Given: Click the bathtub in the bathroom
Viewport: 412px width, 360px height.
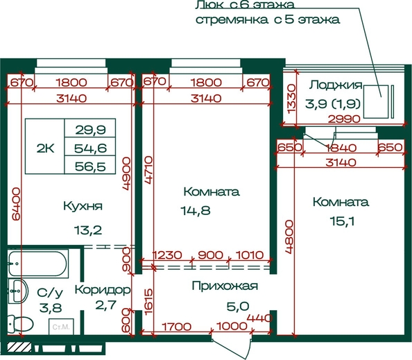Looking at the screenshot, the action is click(38, 263).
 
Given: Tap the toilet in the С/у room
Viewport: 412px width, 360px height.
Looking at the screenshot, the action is click(20, 323).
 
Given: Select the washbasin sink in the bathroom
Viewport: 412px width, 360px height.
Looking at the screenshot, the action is click(18, 291).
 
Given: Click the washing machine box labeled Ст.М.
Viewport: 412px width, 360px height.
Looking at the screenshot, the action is click(61, 327).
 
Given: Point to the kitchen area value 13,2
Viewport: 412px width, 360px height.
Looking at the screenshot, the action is click(88, 230).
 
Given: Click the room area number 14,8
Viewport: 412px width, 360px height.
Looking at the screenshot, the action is click(196, 210).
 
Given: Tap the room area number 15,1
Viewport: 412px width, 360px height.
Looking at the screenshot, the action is click(342, 221).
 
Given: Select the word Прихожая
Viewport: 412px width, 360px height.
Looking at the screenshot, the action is click(225, 286).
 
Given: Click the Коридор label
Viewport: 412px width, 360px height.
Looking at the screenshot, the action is click(103, 289).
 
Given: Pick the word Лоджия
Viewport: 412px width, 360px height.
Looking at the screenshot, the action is click(336, 85).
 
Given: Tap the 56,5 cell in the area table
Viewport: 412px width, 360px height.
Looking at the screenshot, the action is click(90, 165).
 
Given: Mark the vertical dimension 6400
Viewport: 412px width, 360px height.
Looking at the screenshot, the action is click(16, 204).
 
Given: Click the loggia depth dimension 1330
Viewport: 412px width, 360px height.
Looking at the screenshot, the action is click(292, 98).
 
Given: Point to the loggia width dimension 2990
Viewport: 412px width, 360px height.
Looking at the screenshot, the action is click(345, 119).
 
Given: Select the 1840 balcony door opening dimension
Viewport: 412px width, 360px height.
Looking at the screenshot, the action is click(341, 148).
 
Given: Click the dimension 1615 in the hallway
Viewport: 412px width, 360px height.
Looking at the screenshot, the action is click(148, 302).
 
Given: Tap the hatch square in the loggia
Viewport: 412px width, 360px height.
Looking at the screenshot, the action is click(376, 102).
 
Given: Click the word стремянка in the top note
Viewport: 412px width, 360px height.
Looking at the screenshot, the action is click(232, 20).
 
